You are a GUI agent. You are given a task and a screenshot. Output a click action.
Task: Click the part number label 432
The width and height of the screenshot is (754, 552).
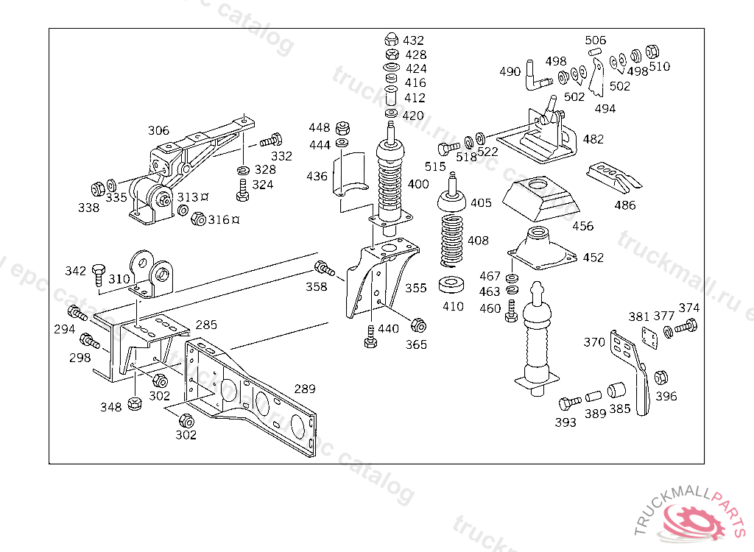pyautogui.click(x=413, y=40)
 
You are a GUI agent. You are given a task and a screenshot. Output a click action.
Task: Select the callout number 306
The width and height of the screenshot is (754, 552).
pyautogui.click(x=158, y=130)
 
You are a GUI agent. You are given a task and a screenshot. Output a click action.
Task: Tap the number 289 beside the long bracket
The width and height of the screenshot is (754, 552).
pyautogui.click(x=305, y=389)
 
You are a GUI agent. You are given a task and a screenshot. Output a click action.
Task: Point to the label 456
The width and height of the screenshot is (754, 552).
pyautogui.click(x=582, y=226)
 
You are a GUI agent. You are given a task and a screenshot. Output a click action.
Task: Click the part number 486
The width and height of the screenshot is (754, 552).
pyautogui.click(x=624, y=205)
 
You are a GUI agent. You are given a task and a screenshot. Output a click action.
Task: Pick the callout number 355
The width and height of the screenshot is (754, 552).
pyautogui.click(x=415, y=288)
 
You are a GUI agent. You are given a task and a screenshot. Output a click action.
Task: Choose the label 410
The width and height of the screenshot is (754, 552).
pyautogui.click(x=453, y=306)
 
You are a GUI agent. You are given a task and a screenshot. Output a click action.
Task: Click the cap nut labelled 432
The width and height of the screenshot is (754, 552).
pyautogui.click(x=392, y=40)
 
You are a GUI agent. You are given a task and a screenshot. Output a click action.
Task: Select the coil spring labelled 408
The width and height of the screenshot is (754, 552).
pyautogui.click(x=453, y=240)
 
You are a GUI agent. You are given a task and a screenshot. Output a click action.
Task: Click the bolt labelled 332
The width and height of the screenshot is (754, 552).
pyautogui.click(x=273, y=138)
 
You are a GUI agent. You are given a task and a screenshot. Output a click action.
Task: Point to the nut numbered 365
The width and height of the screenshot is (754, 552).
pyautogui.click(x=417, y=325)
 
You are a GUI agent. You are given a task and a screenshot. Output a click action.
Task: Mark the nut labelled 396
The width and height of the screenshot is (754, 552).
pyautogui.click(x=660, y=377)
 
